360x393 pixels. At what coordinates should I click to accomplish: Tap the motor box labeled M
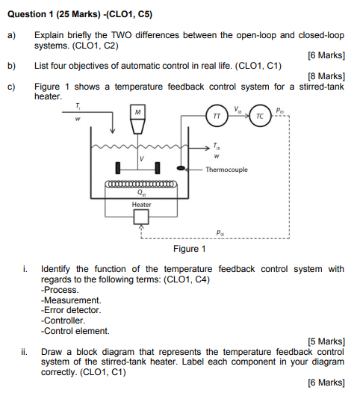coord(137,112)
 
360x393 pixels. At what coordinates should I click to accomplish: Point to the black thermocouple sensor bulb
coord(181,168)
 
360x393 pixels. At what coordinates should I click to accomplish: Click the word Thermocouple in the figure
coord(226,170)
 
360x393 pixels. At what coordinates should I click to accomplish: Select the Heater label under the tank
coord(142,205)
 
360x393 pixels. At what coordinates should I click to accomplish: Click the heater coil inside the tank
coord(141,185)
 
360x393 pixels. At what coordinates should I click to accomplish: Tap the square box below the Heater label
coord(141,217)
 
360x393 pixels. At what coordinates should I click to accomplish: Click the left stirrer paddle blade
coord(118,168)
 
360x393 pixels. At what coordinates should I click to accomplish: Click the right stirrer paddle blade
coord(158,168)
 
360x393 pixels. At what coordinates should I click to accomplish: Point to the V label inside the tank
coord(142,158)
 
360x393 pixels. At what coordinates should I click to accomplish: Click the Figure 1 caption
coord(190,249)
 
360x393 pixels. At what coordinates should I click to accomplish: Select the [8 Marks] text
coord(326,76)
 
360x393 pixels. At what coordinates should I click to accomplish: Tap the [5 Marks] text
coord(326,341)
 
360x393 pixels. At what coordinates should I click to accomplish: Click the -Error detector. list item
coord(71,310)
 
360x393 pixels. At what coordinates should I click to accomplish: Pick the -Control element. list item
coord(75,331)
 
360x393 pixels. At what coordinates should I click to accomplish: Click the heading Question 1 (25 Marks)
coord(54,14)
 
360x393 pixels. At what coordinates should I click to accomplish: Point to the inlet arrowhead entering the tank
coord(113,131)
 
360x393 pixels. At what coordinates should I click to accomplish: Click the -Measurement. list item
coord(71,300)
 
